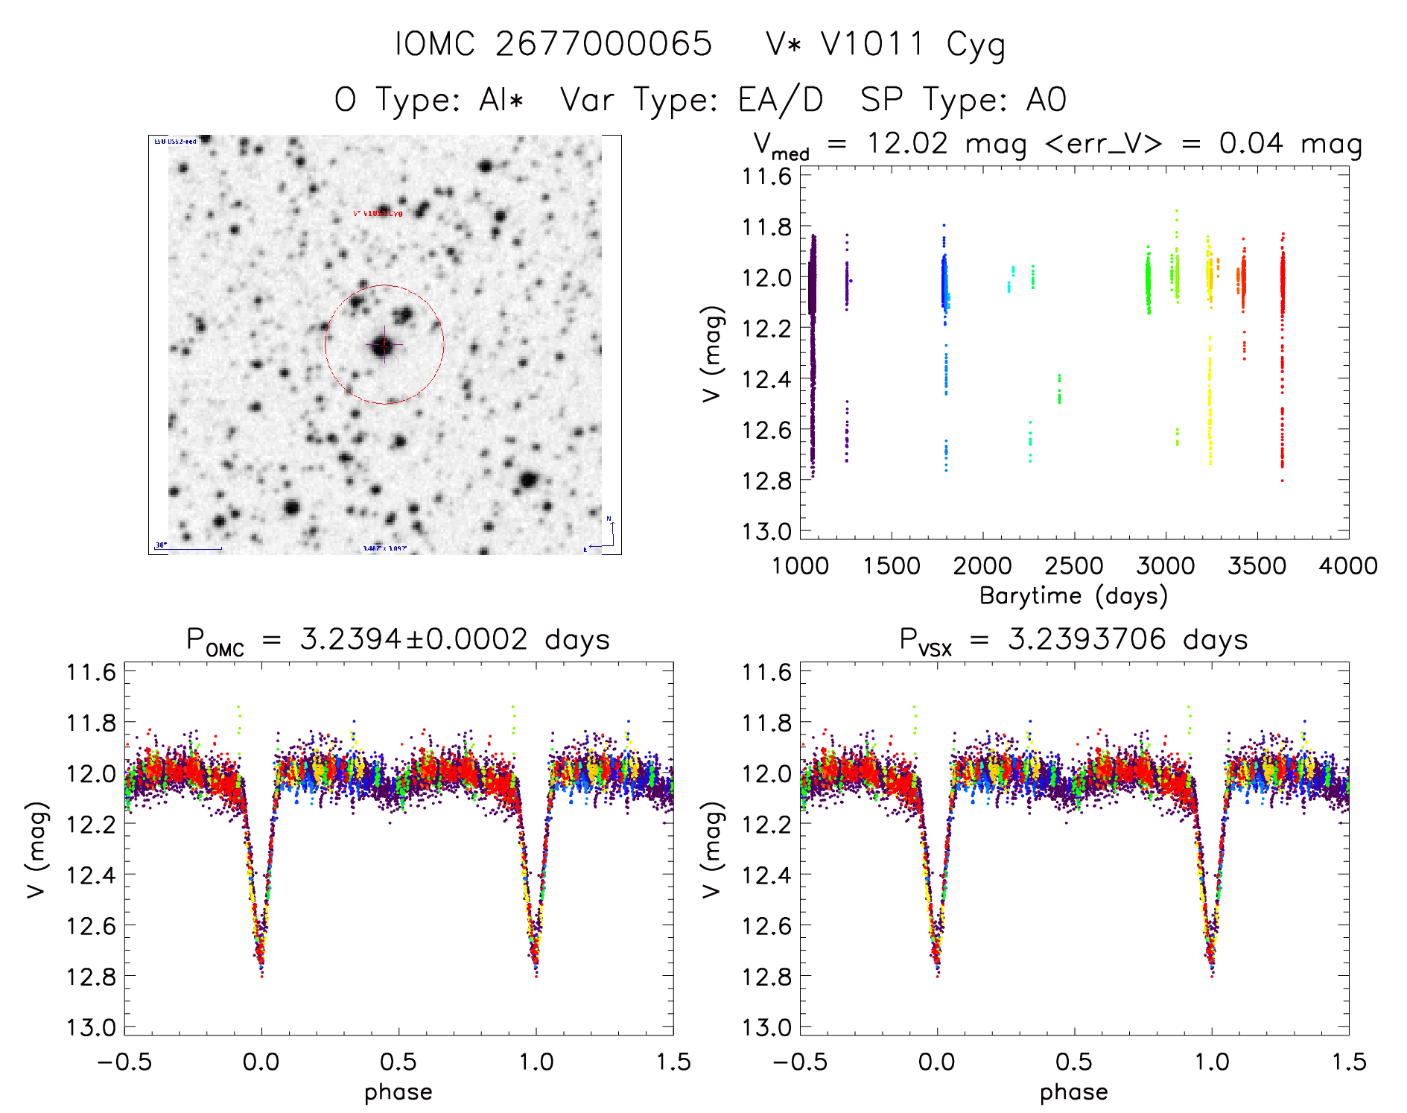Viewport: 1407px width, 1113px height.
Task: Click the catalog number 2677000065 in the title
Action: point(603,44)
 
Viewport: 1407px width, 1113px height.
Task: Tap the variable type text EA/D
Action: point(781,100)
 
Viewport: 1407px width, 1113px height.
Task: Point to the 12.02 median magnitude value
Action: point(906,143)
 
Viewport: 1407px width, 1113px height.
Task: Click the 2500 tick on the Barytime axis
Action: point(1074,566)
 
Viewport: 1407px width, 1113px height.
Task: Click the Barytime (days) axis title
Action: point(1073,596)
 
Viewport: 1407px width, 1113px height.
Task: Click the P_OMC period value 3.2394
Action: point(351,639)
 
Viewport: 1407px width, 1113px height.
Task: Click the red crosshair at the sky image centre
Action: point(384,345)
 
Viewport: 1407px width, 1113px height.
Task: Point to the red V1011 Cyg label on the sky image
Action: point(378,214)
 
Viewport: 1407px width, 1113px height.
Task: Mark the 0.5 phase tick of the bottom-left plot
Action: point(398,1062)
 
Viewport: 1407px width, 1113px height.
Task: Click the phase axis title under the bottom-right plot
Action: point(1073,1092)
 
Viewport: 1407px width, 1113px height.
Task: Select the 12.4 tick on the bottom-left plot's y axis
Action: point(92,875)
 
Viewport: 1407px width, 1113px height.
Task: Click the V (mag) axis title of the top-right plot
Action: point(713,353)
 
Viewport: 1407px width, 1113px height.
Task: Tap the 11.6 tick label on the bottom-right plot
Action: point(767,672)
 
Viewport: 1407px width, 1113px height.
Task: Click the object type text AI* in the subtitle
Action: point(501,100)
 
